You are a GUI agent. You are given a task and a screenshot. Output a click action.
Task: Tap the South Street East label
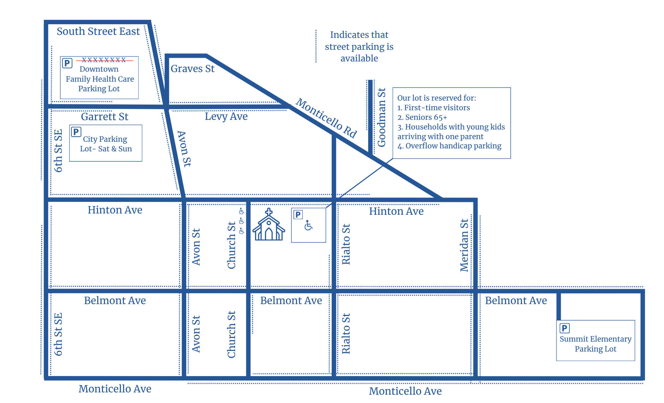tap(98, 31)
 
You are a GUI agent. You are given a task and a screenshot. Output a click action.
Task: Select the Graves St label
tap(192, 69)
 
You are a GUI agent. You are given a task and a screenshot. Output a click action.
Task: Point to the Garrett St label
tap(105, 117)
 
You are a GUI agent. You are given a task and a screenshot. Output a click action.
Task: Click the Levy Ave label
tap(226, 116)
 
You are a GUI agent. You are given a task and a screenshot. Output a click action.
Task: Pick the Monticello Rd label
tap(326, 118)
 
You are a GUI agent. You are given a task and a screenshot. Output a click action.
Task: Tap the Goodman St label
tap(382, 117)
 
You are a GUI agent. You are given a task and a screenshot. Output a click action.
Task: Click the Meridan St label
tap(464, 245)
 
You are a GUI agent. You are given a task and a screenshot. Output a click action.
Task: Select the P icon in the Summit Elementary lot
tap(564, 328)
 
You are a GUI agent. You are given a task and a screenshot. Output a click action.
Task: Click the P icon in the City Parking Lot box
tap(76, 132)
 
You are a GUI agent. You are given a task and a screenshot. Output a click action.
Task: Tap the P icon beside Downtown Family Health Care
tap(67, 63)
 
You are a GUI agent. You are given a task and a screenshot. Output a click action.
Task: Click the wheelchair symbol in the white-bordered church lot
tap(308, 225)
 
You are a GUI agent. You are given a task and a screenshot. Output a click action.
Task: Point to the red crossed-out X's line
tap(104, 60)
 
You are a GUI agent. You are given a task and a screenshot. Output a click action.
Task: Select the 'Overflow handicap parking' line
tap(453, 146)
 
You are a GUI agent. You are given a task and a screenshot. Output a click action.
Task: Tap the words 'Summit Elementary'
tap(595, 339)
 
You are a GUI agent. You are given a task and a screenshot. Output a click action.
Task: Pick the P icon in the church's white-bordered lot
tap(298, 215)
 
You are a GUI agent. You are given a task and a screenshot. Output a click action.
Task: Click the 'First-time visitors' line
tap(437, 108)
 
